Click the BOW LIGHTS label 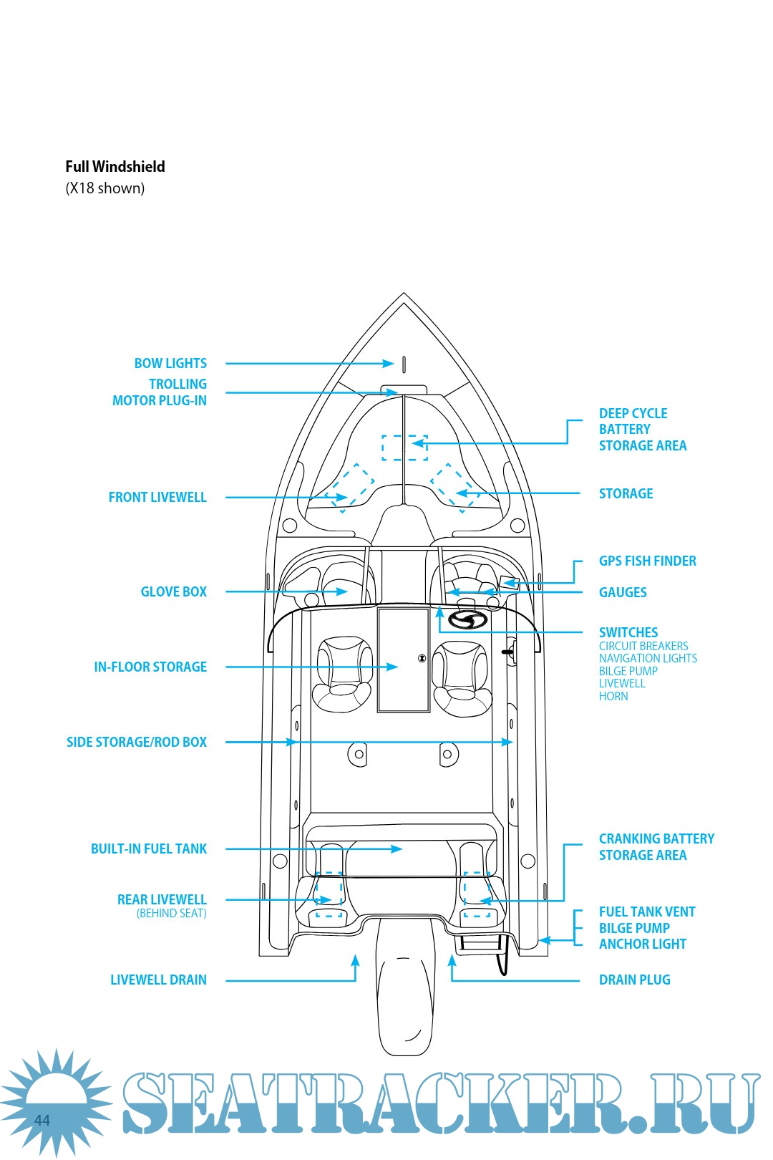170,364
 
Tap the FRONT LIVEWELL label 157,498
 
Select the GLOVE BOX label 173,592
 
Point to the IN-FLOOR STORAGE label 150,667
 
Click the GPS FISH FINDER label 647,561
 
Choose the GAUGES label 623,593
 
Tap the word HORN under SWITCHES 613,697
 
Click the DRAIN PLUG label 634,980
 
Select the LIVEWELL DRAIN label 158,980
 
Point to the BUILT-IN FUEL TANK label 149,849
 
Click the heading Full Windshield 115,167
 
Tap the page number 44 42,1121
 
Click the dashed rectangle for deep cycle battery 404,447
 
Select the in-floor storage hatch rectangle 403,659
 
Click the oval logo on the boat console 468,620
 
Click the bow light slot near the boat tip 404,364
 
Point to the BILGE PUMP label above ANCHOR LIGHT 634,929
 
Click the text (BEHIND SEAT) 171,914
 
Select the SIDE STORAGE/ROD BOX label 137,743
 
